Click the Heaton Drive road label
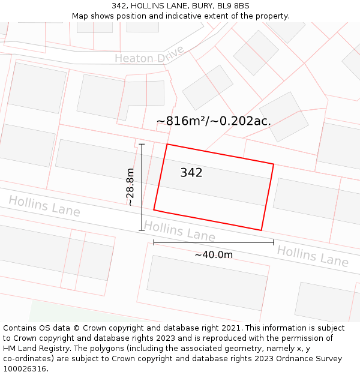[x=149, y=58]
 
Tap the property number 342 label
[x=191, y=173]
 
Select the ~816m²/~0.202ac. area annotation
[x=214, y=121]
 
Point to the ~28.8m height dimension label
[x=130, y=187]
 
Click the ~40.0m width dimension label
[x=214, y=254]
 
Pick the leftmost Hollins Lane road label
[x=44, y=206]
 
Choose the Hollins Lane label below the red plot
[x=179, y=230]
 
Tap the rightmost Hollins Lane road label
[x=313, y=256]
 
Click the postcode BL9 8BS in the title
[x=231, y=6]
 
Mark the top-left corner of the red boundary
[x=167, y=144]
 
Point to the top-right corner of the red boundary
[x=274, y=164]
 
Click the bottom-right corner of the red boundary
[x=262, y=230]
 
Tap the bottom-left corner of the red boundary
[x=154, y=210]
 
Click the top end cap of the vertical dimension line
[x=142, y=144]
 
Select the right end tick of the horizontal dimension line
[x=274, y=242]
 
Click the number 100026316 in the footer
[x=25, y=369]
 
